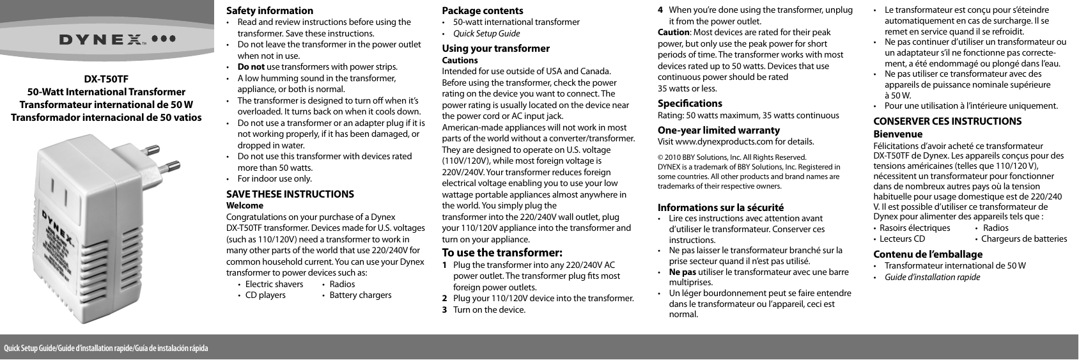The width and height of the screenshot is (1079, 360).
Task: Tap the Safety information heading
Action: (270, 10)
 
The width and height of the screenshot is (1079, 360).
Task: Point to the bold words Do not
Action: (251, 67)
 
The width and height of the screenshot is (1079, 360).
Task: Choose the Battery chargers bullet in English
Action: (360, 295)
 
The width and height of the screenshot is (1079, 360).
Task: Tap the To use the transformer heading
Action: (502, 251)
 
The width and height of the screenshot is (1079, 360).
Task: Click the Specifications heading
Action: (690, 103)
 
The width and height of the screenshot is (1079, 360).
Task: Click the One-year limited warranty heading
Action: (718, 130)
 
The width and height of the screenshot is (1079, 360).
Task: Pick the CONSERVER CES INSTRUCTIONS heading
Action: (947, 121)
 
